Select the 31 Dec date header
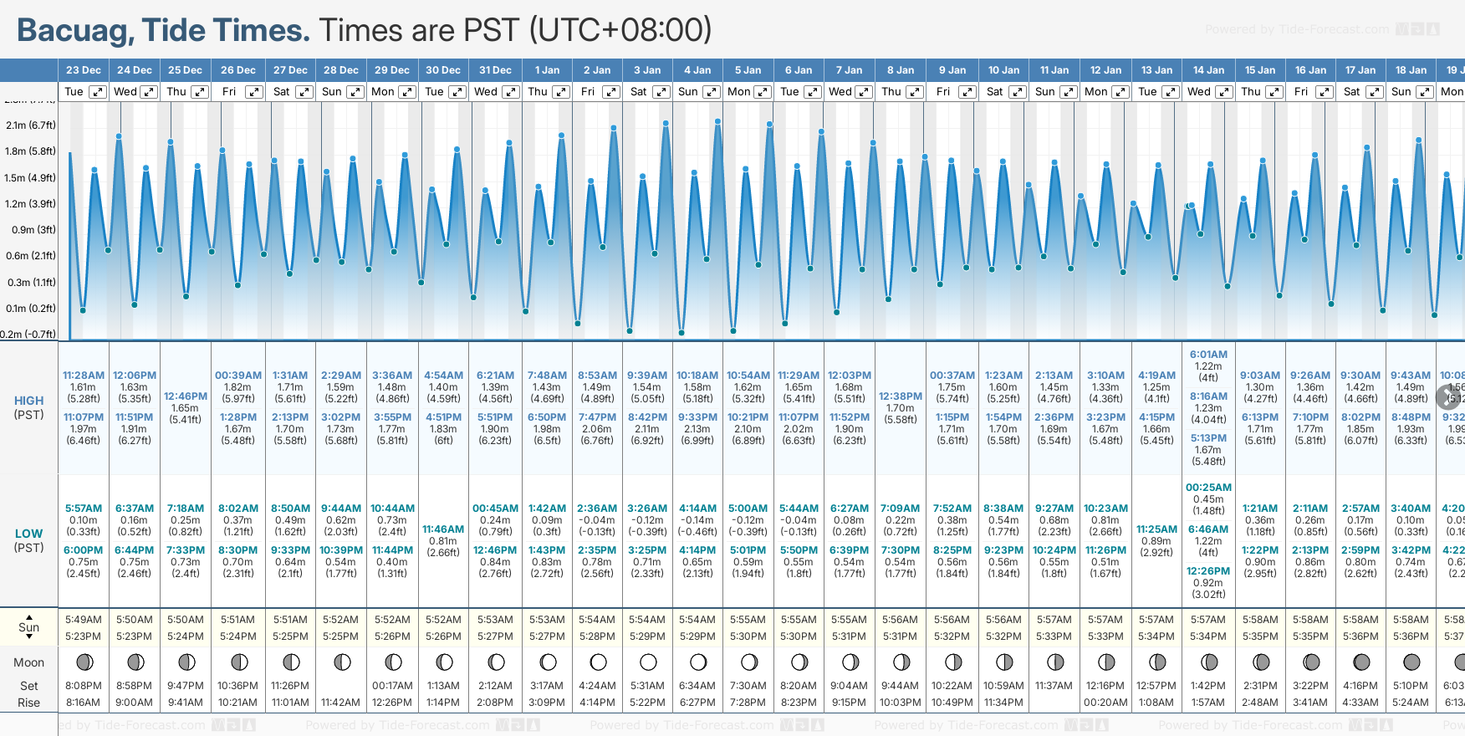495,70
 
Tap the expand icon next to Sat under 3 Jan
661,92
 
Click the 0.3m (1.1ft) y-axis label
31,283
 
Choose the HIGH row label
28,401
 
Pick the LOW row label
28,534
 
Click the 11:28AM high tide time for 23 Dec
84,376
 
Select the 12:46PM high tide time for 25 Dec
186,396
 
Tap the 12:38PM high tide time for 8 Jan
901,396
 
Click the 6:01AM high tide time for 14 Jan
1208,355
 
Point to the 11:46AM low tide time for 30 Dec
443,529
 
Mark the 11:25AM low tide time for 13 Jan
1156,529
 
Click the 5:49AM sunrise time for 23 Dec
84,620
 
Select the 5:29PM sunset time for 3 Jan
648,636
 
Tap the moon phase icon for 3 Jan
648,662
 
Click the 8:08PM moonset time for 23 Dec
84,686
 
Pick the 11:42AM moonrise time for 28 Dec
340,703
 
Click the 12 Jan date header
1106,70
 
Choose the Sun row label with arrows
28,627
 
